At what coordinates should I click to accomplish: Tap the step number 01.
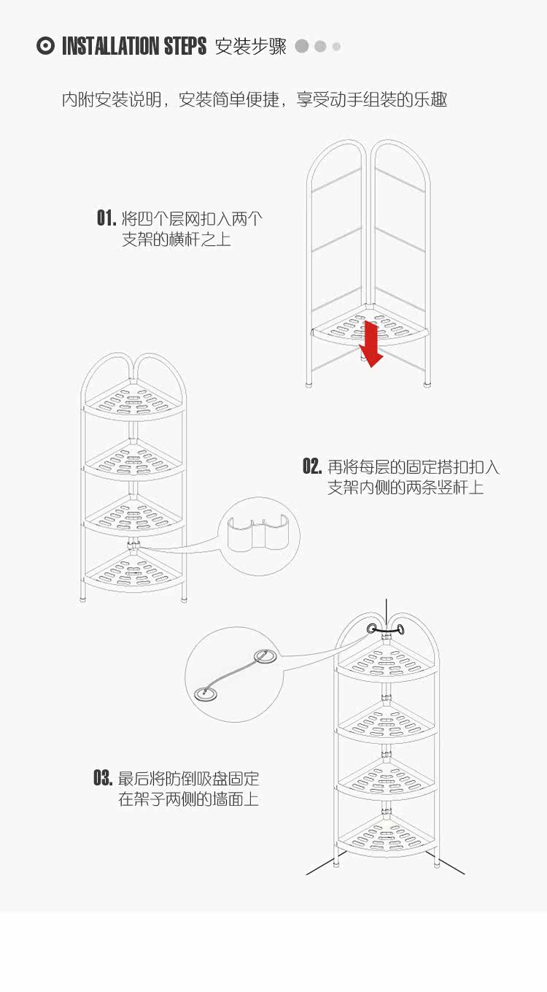pos(106,218)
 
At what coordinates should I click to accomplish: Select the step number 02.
pos(312,467)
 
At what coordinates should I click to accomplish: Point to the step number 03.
pos(103,778)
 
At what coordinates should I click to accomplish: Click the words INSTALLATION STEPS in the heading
pos(134,47)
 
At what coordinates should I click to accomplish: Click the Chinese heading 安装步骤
pos(250,47)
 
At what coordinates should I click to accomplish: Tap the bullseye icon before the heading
pos(45,46)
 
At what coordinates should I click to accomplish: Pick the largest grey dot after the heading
pos(302,46)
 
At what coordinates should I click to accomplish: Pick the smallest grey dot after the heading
pos(336,47)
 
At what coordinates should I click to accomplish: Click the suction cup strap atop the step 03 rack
pos(386,629)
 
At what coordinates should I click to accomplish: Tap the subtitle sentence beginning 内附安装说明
pos(255,99)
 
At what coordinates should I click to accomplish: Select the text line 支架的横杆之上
pos(176,239)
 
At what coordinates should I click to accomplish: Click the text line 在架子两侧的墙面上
pos(189,799)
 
